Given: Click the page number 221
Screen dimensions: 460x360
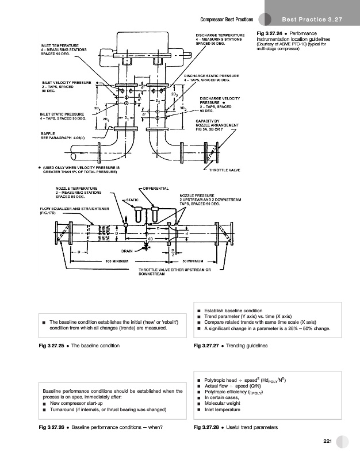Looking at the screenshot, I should (x=328, y=440).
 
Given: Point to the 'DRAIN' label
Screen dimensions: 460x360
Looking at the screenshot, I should (x=128, y=251).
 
